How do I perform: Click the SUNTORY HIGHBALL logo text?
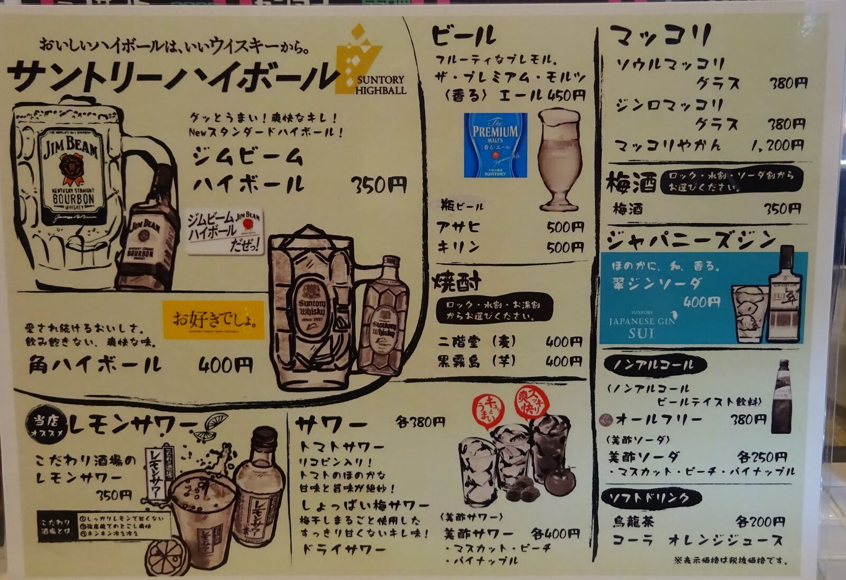coord(381,85)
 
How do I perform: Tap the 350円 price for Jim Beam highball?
coord(379,185)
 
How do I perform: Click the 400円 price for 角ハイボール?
coord(226,365)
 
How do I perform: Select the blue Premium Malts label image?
coord(495,144)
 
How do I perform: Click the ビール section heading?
coord(464,36)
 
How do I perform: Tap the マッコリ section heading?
coord(660,36)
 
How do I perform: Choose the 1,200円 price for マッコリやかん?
coord(777,145)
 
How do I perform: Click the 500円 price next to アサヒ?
coord(565,228)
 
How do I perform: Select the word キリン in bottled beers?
coord(458,247)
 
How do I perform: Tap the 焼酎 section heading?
coord(457,282)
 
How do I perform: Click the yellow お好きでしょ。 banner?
coord(214,320)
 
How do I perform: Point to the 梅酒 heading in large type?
coord(631,183)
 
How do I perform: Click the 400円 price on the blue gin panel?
coord(702,302)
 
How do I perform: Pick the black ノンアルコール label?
coord(654,365)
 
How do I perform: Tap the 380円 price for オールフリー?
coord(748,420)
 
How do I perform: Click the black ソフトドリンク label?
coord(651,498)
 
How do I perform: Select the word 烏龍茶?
coord(633,522)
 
